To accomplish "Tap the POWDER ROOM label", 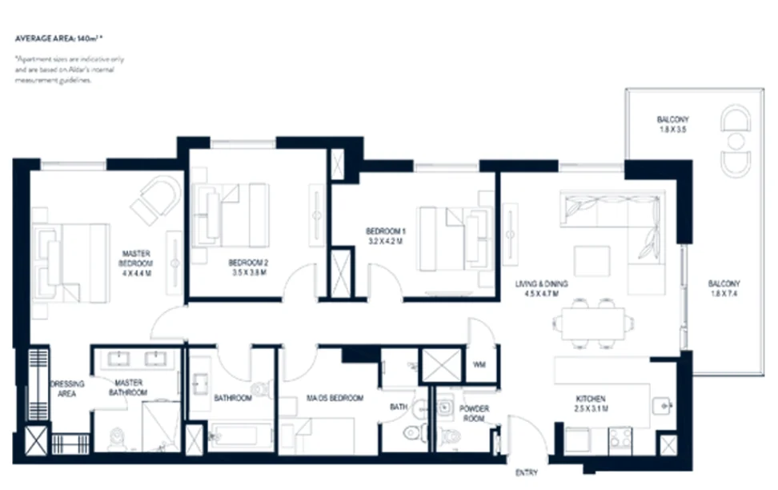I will pyautogui.click(x=474, y=413).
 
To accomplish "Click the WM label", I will pyautogui.click(x=479, y=365).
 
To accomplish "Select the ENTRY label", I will pyautogui.click(x=526, y=472).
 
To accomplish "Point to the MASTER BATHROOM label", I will pyautogui.click(x=129, y=388).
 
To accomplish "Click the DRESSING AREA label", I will pyautogui.click(x=67, y=388).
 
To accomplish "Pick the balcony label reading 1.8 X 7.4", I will pyautogui.click(x=724, y=288).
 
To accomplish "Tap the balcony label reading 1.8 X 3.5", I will pyautogui.click(x=672, y=125).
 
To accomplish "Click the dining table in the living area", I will pyautogui.click(x=594, y=324).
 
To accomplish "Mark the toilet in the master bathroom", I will pyautogui.click(x=117, y=437).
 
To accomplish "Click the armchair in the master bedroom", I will pyautogui.click(x=157, y=199).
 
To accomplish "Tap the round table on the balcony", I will pyautogui.click(x=735, y=141).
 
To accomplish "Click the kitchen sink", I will pyautogui.click(x=660, y=406).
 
